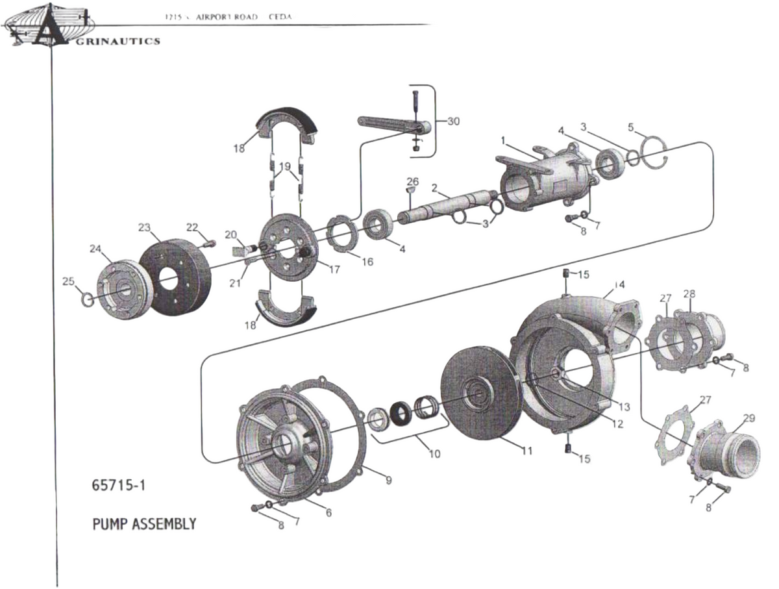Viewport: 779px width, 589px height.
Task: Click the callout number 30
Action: click(x=453, y=121)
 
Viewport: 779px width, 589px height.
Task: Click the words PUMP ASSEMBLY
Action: click(x=144, y=523)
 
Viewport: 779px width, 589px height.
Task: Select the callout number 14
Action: click(x=619, y=284)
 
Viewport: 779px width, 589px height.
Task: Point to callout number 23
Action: click(x=144, y=227)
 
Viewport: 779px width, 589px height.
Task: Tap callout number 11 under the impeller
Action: click(x=526, y=451)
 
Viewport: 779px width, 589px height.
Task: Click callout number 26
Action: click(x=413, y=180)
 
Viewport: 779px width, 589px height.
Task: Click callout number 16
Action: click(x=367, y=262)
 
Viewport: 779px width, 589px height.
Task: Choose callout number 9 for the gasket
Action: click(x=388, y=481)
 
